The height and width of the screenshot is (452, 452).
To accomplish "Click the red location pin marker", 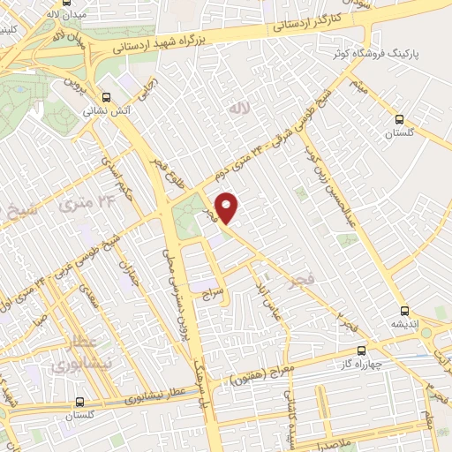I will tap(228, 207).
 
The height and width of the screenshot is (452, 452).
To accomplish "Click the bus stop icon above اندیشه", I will tap(404, 310).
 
